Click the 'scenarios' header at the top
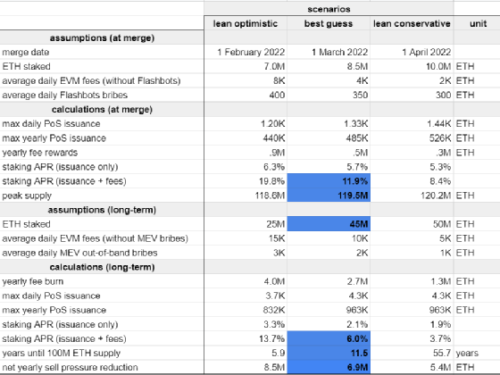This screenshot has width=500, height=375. coord(329,9)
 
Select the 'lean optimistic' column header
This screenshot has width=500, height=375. coord(246,23)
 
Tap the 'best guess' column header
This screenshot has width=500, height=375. coord(329,23)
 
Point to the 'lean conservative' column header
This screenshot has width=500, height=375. coord(412,23)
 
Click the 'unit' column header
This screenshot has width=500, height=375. coord(478,23)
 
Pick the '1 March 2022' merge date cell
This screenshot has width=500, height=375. coord(339,52)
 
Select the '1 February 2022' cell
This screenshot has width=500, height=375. coord(251,52)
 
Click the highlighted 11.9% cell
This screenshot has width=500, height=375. coord(329,181)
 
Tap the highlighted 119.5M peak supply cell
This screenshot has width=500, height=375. coord(329,196)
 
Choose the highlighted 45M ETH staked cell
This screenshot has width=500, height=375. coord(329,224)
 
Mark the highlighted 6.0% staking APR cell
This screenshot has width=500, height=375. coord(329,338)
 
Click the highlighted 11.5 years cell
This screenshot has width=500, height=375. coord(329,353)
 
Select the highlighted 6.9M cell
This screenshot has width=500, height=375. coord(329,367)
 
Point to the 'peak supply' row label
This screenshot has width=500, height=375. coord(27,196)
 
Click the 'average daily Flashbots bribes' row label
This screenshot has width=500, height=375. coord(64,95)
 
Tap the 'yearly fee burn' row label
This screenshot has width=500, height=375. coord(33,281)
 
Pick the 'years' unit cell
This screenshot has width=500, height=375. coord(467,354)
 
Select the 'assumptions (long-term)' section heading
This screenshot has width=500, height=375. coord(102,210)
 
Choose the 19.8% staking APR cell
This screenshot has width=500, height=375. coord(271,181)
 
